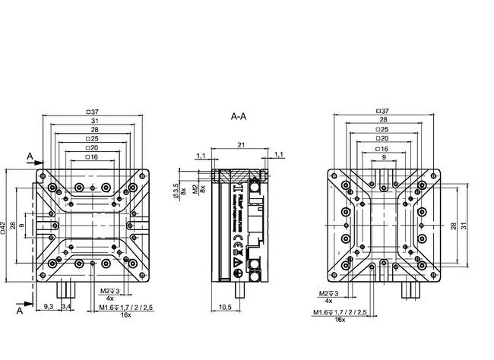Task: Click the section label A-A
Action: [238, 117]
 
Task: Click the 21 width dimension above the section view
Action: [240, 144]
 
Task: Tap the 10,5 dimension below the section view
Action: [225, 307]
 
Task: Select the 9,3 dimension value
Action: [49, 306]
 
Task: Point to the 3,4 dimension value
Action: [66, 306]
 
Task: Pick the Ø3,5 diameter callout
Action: [175, 191]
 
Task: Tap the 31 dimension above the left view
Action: [94, 121]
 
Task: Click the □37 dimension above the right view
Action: [382, 111]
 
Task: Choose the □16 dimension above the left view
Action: [93, 156]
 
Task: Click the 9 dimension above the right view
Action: [383, 157]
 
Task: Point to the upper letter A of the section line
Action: [29, 156]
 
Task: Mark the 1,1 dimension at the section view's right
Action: [278, 155]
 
